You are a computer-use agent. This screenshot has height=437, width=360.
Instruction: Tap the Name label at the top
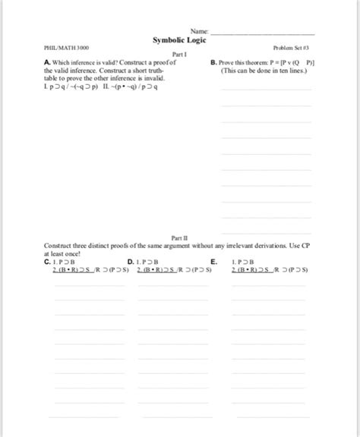click(199, 31)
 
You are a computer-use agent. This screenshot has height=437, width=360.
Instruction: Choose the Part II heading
click(180, 237)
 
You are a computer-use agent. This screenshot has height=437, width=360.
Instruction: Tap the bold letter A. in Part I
click(49, 63)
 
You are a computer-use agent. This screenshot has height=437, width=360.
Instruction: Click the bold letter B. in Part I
click(213, 63)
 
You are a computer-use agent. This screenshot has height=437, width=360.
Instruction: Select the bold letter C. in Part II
click(49, 260)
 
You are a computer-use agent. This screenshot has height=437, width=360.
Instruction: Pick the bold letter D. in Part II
click(133, 260)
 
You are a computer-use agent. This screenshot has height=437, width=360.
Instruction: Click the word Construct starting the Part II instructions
click(61, 245)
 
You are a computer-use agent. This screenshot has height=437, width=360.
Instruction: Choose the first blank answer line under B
click(265, 90)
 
